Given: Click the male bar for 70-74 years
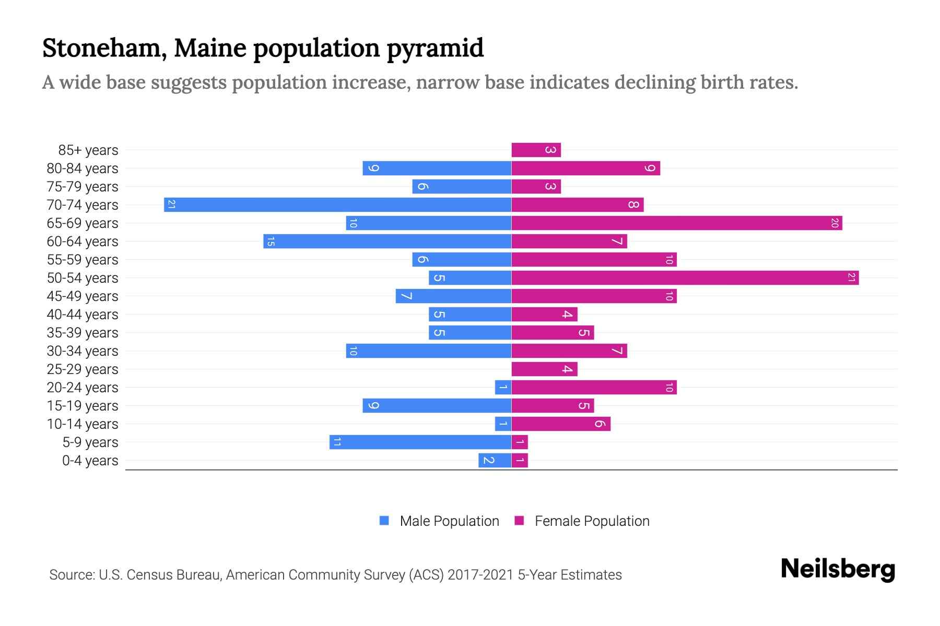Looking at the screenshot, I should click(x=337, y=204).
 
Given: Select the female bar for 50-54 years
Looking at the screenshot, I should click(x=685, y=278).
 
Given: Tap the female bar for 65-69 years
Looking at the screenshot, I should click(x=677, y=223).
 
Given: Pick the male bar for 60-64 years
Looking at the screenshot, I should click(x=387, y=241).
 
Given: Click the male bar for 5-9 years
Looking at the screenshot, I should click(x=420, y=442).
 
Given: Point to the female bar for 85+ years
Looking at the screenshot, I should click(x=536, y=150).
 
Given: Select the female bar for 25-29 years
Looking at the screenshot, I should click(x=544, y=369).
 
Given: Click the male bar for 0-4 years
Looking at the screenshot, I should click(x=495, y=460).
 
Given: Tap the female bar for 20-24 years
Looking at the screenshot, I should click(x=594, y=387).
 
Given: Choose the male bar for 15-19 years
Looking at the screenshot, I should click(x=437, y=405).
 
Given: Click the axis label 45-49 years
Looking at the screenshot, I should click(x=83, y=296).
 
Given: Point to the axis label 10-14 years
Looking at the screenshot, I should click(x=83, y=424).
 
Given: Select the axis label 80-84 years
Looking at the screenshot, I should click(x=83, y=168).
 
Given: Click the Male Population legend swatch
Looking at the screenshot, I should click(x=384, y=521).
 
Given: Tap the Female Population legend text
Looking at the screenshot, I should click(x=592, y=521).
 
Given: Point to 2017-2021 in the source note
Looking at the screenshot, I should click(x=480, y=575).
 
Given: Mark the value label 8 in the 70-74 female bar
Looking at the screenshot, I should click(x=633, y=204).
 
